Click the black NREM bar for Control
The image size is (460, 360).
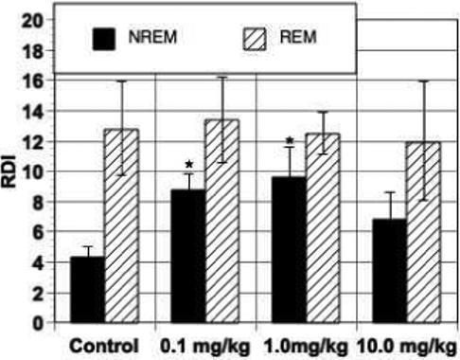(x=87, y=289)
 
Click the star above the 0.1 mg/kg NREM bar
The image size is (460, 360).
(x=187, y=166)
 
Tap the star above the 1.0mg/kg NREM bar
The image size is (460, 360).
(x=289, y=142)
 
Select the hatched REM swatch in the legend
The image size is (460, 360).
(x=254, y=38)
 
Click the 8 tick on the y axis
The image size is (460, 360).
(x=38, y=202)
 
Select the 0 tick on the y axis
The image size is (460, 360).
(x=38, y=322)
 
